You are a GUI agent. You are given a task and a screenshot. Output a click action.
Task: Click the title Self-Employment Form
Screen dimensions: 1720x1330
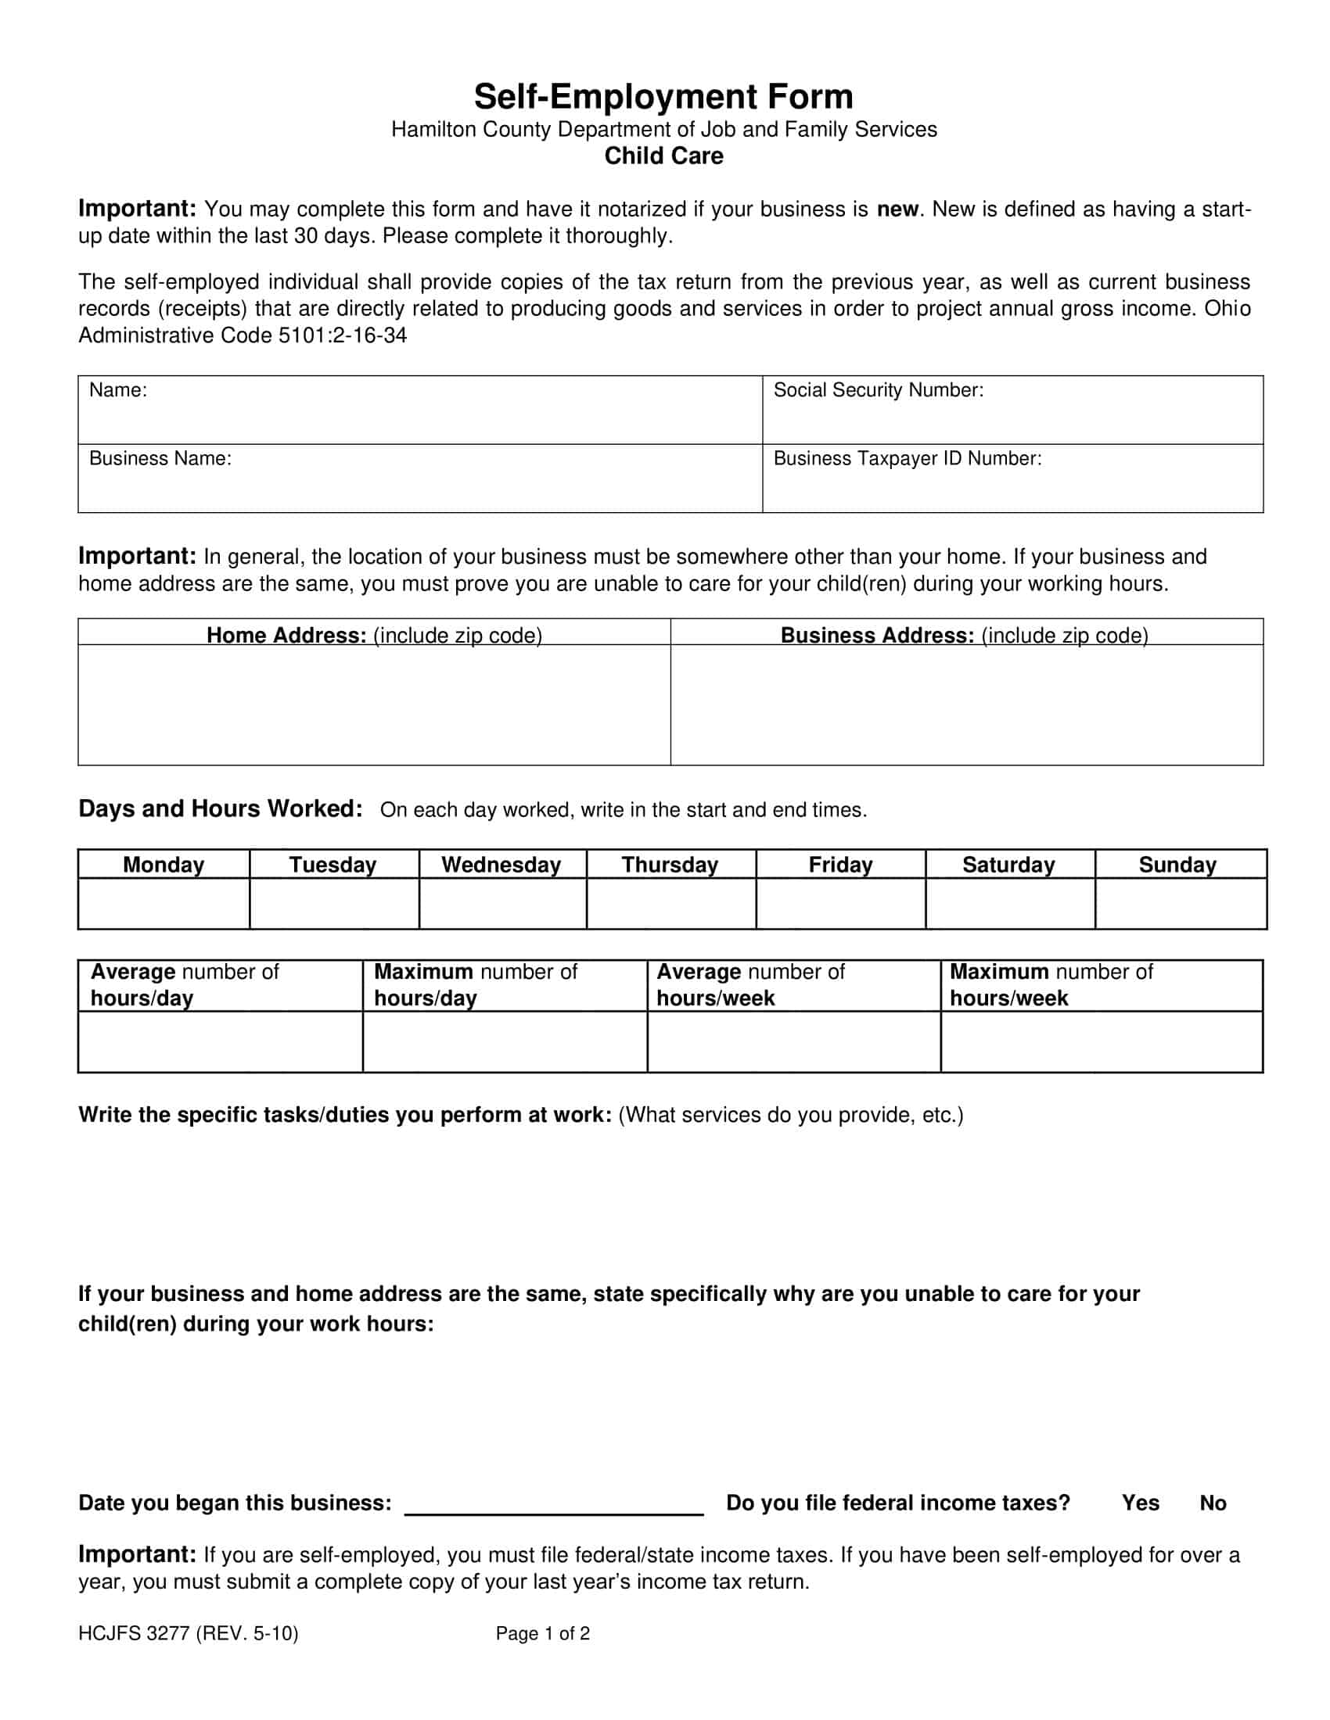663,97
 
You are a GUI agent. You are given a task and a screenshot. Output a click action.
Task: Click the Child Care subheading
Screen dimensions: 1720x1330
663,156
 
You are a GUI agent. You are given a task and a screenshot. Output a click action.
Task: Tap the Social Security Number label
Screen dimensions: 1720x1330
879,390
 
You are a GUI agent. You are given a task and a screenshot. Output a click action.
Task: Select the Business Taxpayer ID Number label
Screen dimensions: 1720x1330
907,458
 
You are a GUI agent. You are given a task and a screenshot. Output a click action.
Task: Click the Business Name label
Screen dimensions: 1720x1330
160,458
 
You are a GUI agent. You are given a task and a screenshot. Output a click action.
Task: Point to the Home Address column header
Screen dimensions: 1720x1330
374,635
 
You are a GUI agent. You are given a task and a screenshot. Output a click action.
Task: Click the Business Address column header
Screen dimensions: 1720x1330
965,635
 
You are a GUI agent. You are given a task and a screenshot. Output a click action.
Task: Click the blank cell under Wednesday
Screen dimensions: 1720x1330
502,903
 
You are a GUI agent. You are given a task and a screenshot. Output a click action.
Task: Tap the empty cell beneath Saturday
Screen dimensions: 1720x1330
1009,903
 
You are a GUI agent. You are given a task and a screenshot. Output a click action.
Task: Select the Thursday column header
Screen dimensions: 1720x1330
670,865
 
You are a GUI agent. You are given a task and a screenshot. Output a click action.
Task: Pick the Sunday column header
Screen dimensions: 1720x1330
1177,865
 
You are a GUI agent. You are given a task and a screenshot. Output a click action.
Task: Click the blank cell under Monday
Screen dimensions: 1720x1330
164,903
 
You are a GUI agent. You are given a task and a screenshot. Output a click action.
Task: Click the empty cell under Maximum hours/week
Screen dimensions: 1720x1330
1101,1041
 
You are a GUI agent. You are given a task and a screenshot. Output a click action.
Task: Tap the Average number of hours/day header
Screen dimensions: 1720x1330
185,984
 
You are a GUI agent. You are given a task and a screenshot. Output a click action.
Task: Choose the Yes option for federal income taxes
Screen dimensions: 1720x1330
1140,1503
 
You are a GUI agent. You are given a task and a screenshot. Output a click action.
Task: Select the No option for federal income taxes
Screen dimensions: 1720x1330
1213,1503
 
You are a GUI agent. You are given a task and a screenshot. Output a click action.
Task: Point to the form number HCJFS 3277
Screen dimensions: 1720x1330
189,1633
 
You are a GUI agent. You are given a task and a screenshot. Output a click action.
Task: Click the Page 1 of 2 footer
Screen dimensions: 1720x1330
542,1633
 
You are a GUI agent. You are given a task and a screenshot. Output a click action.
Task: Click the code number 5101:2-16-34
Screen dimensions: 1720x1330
343,335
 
